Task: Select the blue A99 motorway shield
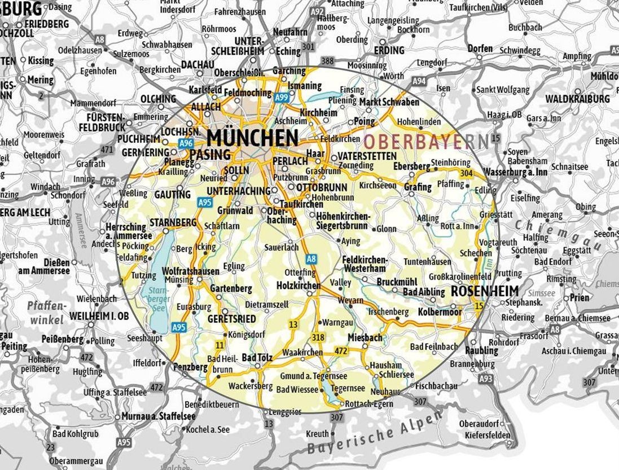[x=282, y=98]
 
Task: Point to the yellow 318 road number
[x=318, y=337]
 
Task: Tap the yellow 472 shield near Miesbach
[x=341, y=351]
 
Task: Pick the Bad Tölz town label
[x=257, y=357]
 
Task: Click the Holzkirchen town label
[x=298, y=286]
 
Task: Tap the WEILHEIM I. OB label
[x=99, y=316]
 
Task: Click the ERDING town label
[x=389, y=50]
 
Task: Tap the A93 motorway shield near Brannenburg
[x=485, y=379]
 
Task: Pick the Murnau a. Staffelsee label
[x=159, y=416]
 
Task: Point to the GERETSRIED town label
[x=232, y=319]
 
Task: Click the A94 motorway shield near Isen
[x=419, y=82]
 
